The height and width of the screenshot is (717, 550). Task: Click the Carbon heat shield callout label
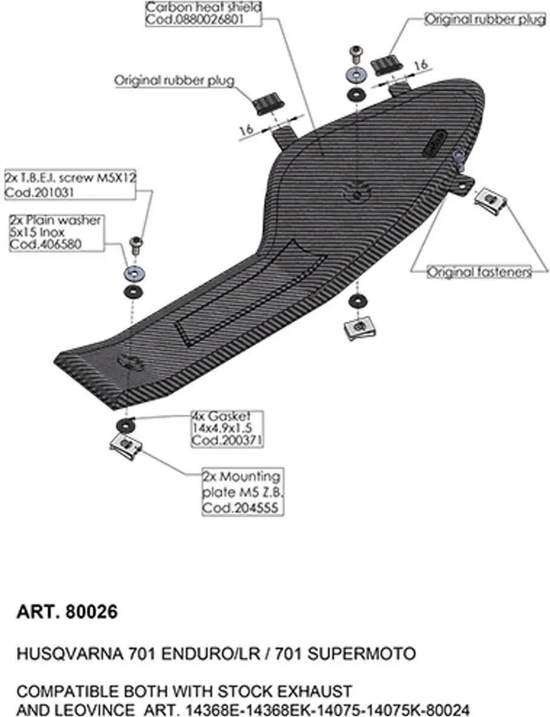203,14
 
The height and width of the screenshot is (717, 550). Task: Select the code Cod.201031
39,193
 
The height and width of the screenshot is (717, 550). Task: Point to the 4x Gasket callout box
228,429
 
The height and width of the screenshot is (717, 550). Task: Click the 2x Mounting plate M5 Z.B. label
243,492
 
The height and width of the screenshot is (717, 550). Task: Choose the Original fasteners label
480,272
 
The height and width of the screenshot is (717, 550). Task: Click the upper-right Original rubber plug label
485,19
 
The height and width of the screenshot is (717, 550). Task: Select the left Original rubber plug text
174,81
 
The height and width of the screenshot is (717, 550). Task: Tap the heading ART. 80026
67,612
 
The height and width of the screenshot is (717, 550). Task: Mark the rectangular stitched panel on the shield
250,294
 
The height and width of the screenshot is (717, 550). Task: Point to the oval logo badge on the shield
435,144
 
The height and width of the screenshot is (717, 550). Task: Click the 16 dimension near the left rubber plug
247,130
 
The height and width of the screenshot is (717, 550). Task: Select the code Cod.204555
240,507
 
